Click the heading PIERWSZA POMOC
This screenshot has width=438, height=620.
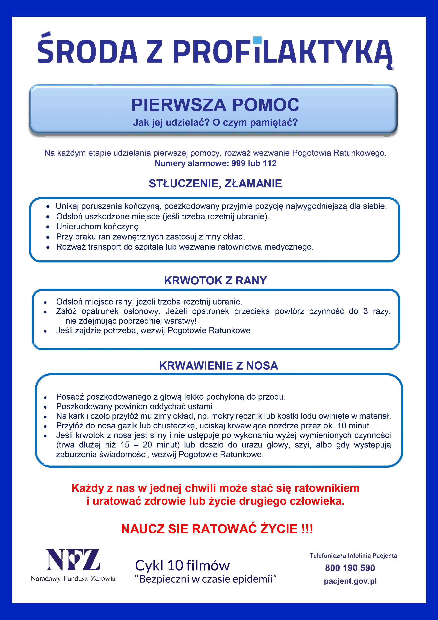click(215, 105)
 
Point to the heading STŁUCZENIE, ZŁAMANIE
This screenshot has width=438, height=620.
click(215, 184)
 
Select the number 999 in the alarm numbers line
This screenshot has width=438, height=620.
click(238, 163)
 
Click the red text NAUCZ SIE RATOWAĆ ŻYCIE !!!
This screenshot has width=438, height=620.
click(217, 529)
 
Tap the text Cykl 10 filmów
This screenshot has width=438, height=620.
click(182, 565)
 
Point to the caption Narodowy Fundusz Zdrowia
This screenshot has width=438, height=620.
click(73, 579)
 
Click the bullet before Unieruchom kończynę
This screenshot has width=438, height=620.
click(48, 227)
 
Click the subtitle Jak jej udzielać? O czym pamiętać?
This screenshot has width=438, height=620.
click(215, 122)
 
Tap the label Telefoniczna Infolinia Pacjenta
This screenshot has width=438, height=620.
click(353, 556)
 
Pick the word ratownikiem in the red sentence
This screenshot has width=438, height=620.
click(327, 488)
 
